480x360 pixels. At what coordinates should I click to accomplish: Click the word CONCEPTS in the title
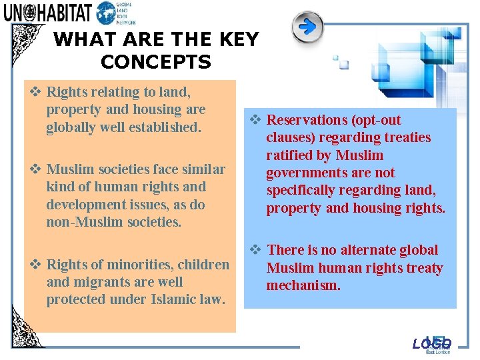point(156,63)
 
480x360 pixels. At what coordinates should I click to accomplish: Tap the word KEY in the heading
point(234,40)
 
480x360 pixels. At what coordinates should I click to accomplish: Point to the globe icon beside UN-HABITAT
point(106,13)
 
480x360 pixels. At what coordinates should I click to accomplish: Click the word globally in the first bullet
point(72,127)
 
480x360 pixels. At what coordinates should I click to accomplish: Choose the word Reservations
point(307,120)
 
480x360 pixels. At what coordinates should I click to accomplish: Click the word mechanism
point(303,285)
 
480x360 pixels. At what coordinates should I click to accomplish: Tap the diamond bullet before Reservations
point(255,120)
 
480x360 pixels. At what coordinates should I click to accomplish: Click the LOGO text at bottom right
point(431,344)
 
